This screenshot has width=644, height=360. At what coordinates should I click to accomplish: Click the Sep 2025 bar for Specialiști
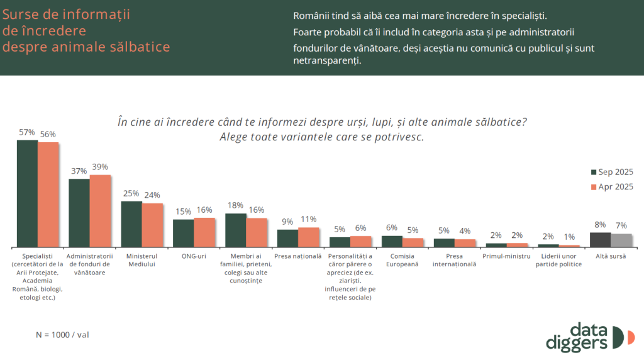(27, 193)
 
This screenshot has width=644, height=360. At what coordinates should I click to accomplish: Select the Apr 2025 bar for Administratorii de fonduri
(100, 210)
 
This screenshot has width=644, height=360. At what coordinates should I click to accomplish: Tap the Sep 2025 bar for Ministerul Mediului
(131, 223)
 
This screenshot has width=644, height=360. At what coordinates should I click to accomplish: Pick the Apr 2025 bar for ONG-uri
(204, 232)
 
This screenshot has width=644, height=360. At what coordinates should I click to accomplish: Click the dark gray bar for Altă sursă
(600, 239)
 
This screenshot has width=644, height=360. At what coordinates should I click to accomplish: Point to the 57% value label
(26, 133)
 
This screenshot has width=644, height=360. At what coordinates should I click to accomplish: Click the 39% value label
(100, 167)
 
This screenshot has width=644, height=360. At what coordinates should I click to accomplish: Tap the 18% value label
(235, 205)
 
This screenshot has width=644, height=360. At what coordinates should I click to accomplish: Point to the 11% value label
(309, 220)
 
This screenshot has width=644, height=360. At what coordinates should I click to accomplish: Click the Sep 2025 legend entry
(611, 172)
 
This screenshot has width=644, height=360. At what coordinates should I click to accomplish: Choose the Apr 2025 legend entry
(611, 186)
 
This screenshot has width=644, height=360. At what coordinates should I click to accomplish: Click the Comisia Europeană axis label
(402, 261)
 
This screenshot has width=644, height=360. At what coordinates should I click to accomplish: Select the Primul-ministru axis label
(507, 256)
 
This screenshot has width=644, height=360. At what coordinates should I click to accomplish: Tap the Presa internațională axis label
(455, 261)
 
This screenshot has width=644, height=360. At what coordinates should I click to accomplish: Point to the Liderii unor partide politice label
(558, 261)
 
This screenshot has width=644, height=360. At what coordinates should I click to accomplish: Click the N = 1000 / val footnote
(62, 335)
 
